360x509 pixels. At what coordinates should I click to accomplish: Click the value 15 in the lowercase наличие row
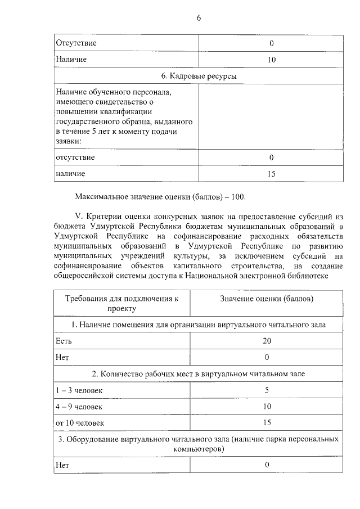coord(271,174)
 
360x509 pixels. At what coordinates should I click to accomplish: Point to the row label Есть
coord(62,341)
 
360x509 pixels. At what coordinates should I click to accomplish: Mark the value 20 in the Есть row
coord(267,341)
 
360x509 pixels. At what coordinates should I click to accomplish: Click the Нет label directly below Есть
coord(62,357)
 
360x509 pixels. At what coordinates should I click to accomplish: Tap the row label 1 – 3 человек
coord(79,390)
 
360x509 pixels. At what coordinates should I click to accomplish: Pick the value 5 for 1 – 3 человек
coord(267,390)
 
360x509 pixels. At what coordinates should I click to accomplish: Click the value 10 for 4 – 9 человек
coord(267,406)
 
